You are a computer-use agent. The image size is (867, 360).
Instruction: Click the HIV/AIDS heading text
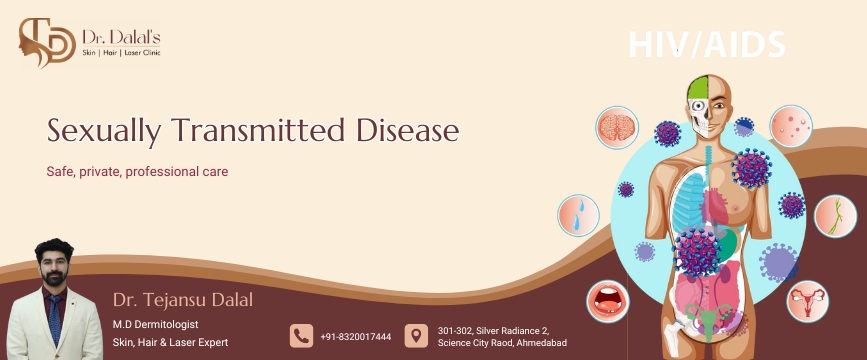pyautogui.click(x=707, y=44)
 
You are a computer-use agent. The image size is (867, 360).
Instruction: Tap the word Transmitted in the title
pyautogui.click(x=259, y=131)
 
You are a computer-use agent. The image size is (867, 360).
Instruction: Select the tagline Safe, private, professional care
pyautogui.click(x=137, y=171)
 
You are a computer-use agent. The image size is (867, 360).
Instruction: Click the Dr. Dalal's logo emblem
pyautogui.click(x=46, y=42)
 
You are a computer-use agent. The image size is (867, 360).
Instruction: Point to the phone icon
pyautogui.click(x=301, y=336)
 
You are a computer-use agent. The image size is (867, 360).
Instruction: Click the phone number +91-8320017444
pyautogui.click(x=356, y=337)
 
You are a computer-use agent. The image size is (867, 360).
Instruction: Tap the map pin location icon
pyautogui.click(x=416, y=336)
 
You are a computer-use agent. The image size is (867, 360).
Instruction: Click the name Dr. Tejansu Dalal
pyautogui.click(x=182, y=300)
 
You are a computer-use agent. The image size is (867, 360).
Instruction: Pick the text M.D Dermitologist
pyautogui.click(x=155, y=325)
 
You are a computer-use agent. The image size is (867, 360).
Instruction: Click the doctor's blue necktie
pyautogui.click(x=55, y=319)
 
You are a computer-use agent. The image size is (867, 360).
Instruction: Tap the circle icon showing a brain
pyautogui.click(x=617, y=128)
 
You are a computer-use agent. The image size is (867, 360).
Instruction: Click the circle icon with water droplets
pyautogui.click(x=578, y=215)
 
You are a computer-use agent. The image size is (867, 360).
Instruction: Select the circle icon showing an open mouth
pyautogui.click(x=608, y=301)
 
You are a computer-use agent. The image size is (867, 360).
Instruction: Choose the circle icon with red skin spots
pyautogui.click(x=791, y=126)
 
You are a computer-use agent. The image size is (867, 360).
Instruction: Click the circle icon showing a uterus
pyautogui.click(x=807, y=301)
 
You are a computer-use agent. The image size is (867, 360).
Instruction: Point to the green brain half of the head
pyautogui.click(x=698, y=88)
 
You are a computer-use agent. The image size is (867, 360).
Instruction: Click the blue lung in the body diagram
pyautogui.click(x=687, y=199)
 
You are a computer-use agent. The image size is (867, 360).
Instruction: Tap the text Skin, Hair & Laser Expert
pyautogui.click(x=170, y=343)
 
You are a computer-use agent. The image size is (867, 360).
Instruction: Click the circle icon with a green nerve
pyautogui.click(x=835, y=216)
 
